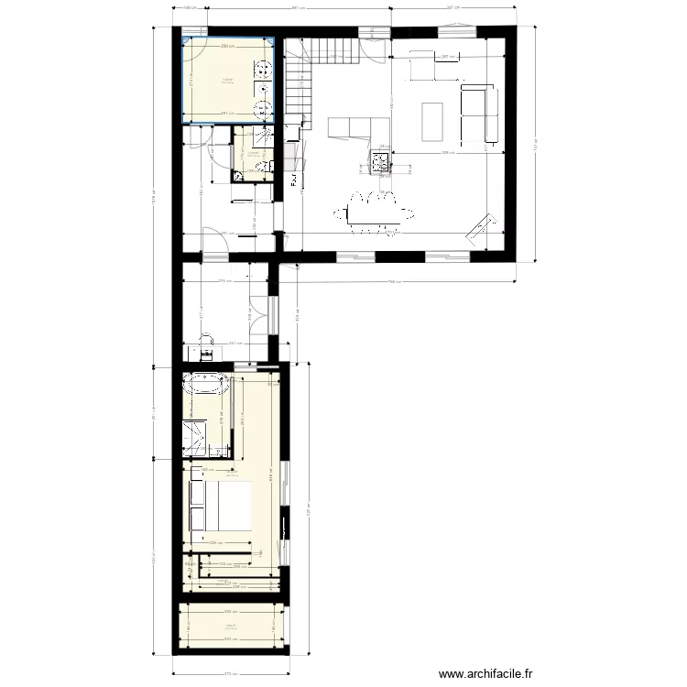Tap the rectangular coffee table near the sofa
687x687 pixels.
432,118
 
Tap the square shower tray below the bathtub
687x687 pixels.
202,436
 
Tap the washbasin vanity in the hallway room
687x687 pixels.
207,348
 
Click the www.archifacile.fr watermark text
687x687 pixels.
501,675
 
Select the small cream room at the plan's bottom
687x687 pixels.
230,627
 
